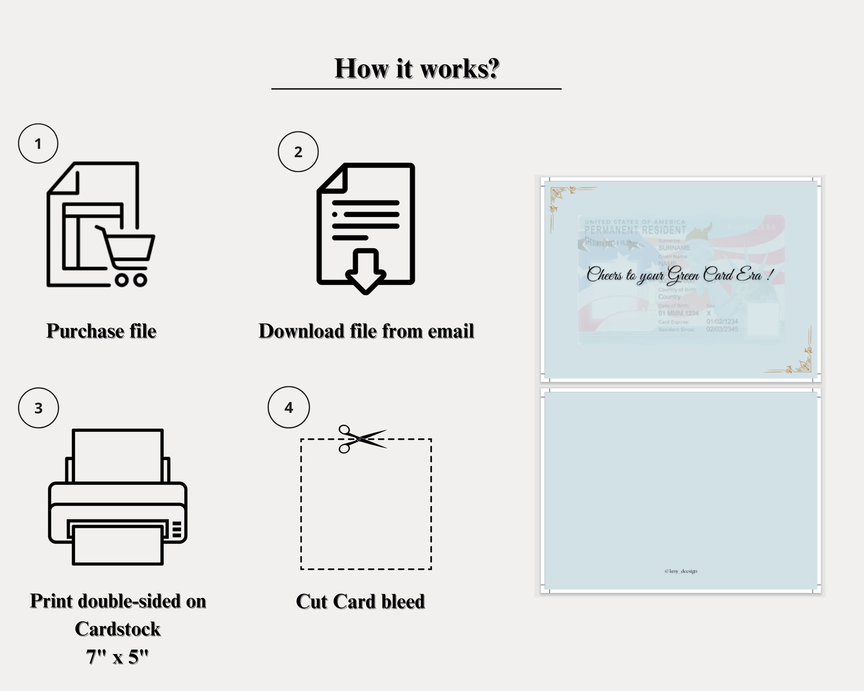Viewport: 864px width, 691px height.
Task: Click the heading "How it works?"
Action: (x=416, y=69)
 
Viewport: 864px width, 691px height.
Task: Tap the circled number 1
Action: (x=38, y=144)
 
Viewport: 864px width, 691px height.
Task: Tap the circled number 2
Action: (x=298, y=152)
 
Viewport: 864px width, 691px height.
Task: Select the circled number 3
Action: (x=38, y=408)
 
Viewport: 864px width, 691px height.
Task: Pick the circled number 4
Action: (x=288, y=408)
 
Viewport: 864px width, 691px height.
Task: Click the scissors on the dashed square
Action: (x=359, y=438)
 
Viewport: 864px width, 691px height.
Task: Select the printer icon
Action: (x=118, y=496)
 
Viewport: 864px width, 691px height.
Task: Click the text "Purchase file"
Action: (x=101, y=331)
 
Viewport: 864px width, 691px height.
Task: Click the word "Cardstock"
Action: (x=118, y=629)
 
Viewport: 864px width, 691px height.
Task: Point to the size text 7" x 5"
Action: (x=118, y=657)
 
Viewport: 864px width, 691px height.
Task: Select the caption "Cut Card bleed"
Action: (x=360, y=601)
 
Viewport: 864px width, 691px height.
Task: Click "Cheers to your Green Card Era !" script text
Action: (x=679, y=275)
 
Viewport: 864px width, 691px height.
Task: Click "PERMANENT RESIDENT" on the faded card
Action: (x=635, y=230)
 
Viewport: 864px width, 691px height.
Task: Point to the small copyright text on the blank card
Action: (x=681, y=571)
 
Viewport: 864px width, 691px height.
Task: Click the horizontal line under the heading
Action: (x=416, y=88)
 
